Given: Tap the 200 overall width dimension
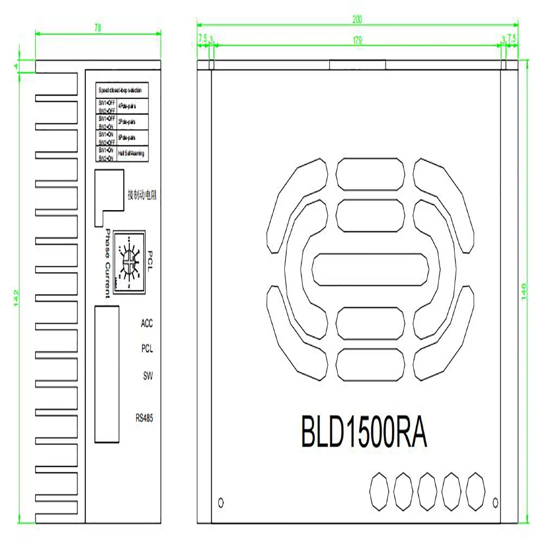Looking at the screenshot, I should coord(358,19).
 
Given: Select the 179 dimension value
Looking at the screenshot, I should coord(358,39).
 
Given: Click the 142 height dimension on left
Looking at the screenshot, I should coord(16,292).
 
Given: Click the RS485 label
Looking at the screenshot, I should coord(144,418).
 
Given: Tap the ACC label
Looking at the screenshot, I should coord(146,323).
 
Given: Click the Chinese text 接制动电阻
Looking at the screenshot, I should coord(141,195).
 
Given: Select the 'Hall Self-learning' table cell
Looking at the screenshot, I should coord(131,153).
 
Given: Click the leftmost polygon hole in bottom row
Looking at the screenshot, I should coord(379,491).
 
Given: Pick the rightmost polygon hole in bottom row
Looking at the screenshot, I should coord(476,491).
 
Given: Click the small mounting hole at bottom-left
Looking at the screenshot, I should coord(222,502).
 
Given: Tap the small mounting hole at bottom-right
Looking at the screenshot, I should coord(496,502).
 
